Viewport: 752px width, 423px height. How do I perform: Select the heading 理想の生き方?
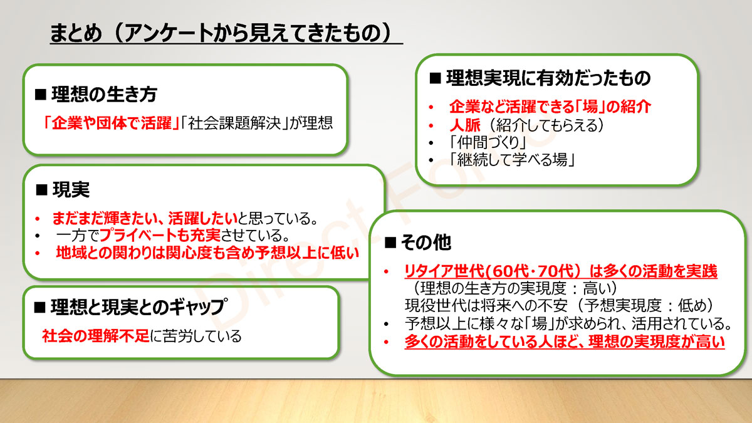tap(104, 95)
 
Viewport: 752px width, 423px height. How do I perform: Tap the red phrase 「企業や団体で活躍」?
tap(112, 123)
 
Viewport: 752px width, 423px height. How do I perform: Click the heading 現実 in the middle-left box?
tap(71, 190)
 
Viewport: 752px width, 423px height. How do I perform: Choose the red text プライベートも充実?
tap(160, 235)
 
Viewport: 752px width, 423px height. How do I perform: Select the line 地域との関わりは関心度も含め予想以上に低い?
tap(207, 253)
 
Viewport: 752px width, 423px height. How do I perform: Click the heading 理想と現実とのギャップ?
tap(138, 307)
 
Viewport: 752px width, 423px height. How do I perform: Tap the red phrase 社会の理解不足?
tap(96, 336)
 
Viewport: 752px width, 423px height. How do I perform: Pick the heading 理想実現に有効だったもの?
tap(548, 78)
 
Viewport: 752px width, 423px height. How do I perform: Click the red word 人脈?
tap(465, 125)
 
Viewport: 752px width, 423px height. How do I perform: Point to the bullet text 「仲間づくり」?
tap(488, 143)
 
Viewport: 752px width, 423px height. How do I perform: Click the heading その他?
tap(426, 243)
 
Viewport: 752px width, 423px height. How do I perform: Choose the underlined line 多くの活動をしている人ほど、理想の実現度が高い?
tap(565, 342)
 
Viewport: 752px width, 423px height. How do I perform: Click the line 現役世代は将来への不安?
tap(486, 306)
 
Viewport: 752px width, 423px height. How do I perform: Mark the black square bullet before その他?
tap(390, 243)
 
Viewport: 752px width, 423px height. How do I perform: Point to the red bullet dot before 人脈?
tap(431, 126)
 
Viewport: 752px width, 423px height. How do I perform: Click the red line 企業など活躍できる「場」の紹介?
tap(550, 107)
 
